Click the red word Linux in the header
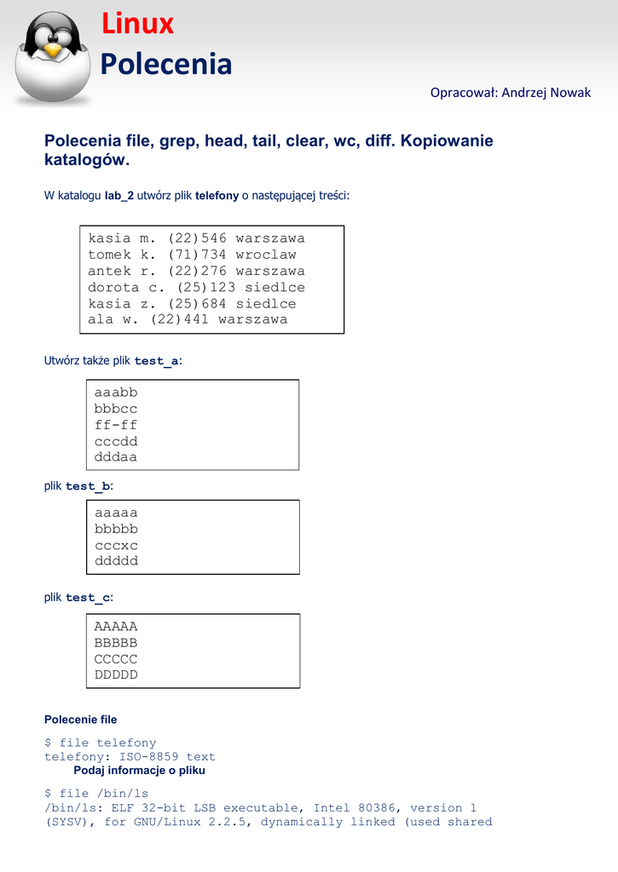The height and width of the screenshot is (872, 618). (x=137, y=25)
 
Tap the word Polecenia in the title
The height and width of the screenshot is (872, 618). (x=166, y=64)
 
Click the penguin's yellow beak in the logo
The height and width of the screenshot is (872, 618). (x=54, y=50)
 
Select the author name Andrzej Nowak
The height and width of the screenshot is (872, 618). (x=546, y=92)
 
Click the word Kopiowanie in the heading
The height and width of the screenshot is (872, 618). (x=448, y=141)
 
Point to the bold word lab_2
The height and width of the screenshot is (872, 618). (x=119, y=196)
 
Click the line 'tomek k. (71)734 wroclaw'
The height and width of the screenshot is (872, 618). (x=192, y=255)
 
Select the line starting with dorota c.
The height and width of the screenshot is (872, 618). (x=196, y=287)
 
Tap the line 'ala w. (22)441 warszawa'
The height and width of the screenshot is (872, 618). (x=188, y=319)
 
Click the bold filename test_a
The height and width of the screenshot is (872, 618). (x=157, y=361)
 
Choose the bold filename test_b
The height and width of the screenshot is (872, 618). (x=88, y=486)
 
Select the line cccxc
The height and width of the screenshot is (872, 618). (x=116, y=545)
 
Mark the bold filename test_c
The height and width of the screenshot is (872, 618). (x=88, y=598)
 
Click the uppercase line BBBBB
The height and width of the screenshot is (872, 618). (x=116, y=643)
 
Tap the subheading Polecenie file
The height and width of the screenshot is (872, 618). (x=80, y=720)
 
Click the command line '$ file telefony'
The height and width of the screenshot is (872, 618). (x=101, y=743)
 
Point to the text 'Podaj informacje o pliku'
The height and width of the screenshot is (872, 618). (x=139, y=771)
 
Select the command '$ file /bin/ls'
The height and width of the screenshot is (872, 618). (x=96, y=794)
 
